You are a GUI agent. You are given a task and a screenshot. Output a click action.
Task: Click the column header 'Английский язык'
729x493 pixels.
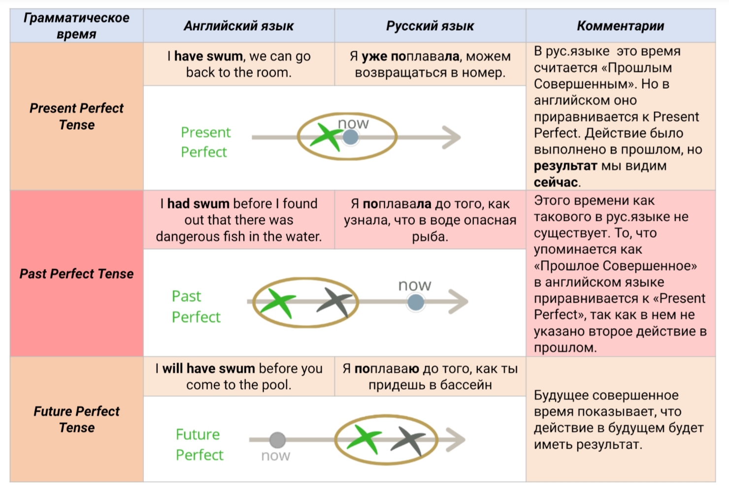[x=238, y=26]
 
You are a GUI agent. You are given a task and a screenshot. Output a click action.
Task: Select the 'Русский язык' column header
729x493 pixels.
[x=430, y=26]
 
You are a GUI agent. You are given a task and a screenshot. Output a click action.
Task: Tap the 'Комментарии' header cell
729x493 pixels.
[x=620, y=26]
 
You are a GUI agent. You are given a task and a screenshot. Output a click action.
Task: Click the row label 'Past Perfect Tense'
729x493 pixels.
[x=76, y=274]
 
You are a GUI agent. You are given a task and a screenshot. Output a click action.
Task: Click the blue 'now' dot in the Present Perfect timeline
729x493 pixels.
[x=350, y=137]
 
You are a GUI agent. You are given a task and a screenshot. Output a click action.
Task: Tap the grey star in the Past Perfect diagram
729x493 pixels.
[x=335, y=301]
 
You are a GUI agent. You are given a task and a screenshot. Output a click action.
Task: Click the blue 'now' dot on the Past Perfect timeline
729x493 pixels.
[x=416, y=302]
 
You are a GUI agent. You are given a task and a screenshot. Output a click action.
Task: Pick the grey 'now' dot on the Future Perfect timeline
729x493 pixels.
[x=277, y=439]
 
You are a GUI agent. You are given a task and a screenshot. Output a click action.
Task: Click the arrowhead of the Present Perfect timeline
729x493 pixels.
[x=452, y=137]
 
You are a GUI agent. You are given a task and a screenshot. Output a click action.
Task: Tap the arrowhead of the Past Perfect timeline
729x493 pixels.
[x=459, y=302]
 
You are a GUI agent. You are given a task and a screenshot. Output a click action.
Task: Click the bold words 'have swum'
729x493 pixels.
[x=208, y=56]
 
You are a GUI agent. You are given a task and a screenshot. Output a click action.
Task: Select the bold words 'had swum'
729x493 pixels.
[x=199, y=204]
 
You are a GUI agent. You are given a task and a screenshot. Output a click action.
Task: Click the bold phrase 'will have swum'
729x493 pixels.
[x=209, y=368]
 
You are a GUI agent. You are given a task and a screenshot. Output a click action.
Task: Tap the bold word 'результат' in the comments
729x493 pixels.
[x=565, y=166]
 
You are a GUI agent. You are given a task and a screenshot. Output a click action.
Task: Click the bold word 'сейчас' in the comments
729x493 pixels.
[x=556, y=182]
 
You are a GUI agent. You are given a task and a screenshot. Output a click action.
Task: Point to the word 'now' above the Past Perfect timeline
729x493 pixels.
[x=415, y=285]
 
